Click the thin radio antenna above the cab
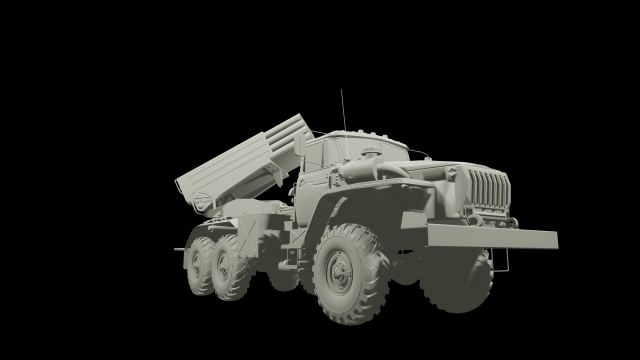(x=343, y=110)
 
